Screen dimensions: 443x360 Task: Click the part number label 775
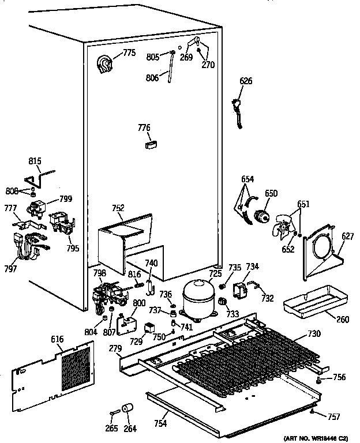129,54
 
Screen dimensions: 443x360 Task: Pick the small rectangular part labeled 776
151,144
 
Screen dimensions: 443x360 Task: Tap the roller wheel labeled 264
127,412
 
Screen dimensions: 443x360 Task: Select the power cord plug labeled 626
237,109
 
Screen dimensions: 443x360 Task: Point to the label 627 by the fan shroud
347,235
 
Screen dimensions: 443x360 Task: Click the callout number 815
36,162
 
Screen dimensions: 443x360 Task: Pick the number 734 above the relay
252,266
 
